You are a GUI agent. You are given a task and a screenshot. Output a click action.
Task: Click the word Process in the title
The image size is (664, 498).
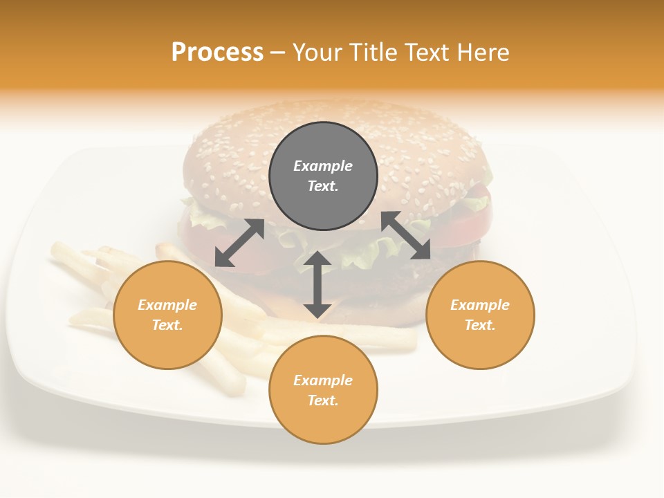(217, 53)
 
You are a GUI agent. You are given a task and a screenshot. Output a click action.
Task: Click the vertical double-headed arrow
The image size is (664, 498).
(317, 284)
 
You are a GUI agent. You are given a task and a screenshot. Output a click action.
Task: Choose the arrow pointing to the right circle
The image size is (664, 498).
(406, 236)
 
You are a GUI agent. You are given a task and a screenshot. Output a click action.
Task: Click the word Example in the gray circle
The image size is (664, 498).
(323, 166)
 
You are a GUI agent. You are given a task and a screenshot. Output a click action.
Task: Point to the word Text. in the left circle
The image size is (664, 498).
(167, 325)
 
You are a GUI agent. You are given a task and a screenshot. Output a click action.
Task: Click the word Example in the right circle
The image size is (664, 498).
(480, 305)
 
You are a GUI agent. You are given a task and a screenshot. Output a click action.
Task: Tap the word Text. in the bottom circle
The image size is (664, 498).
(323, 400)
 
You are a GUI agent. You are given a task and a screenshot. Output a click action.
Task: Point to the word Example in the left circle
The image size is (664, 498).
(167, 305)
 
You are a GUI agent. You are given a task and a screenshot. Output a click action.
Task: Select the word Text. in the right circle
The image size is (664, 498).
(480, 325)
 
